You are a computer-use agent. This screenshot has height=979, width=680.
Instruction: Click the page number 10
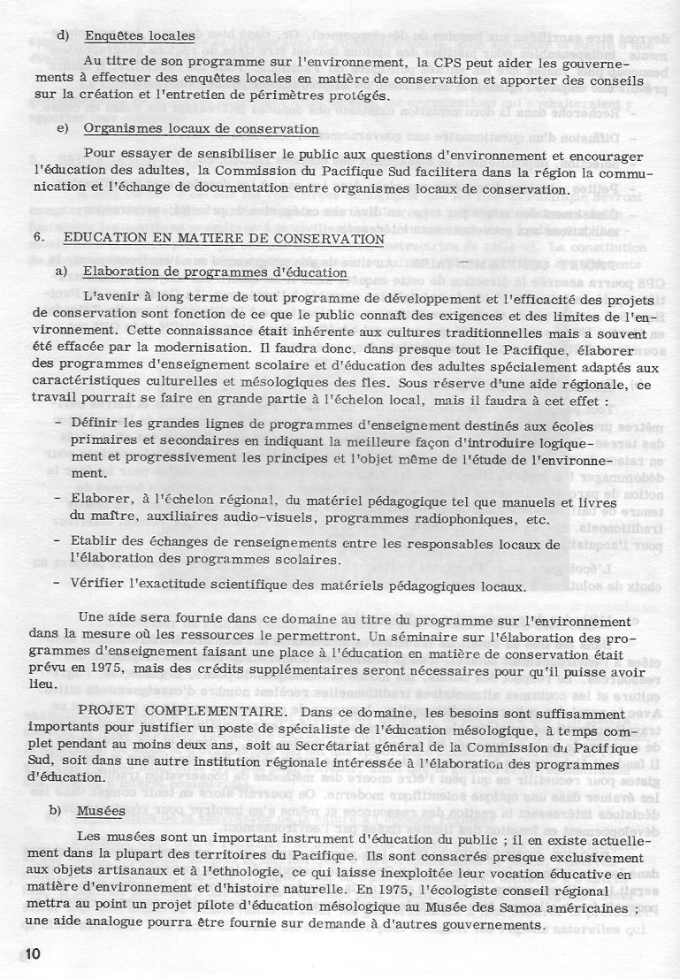point(20,953)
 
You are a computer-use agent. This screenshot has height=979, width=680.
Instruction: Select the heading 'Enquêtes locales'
point(139,36)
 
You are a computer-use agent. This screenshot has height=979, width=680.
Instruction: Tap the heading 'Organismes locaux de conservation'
point(201,129)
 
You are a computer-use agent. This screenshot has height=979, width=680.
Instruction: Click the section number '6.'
point(38,239)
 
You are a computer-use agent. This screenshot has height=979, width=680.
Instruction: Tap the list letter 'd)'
point(62,36)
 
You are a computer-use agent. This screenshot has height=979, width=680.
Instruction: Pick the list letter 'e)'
point(62,129)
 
